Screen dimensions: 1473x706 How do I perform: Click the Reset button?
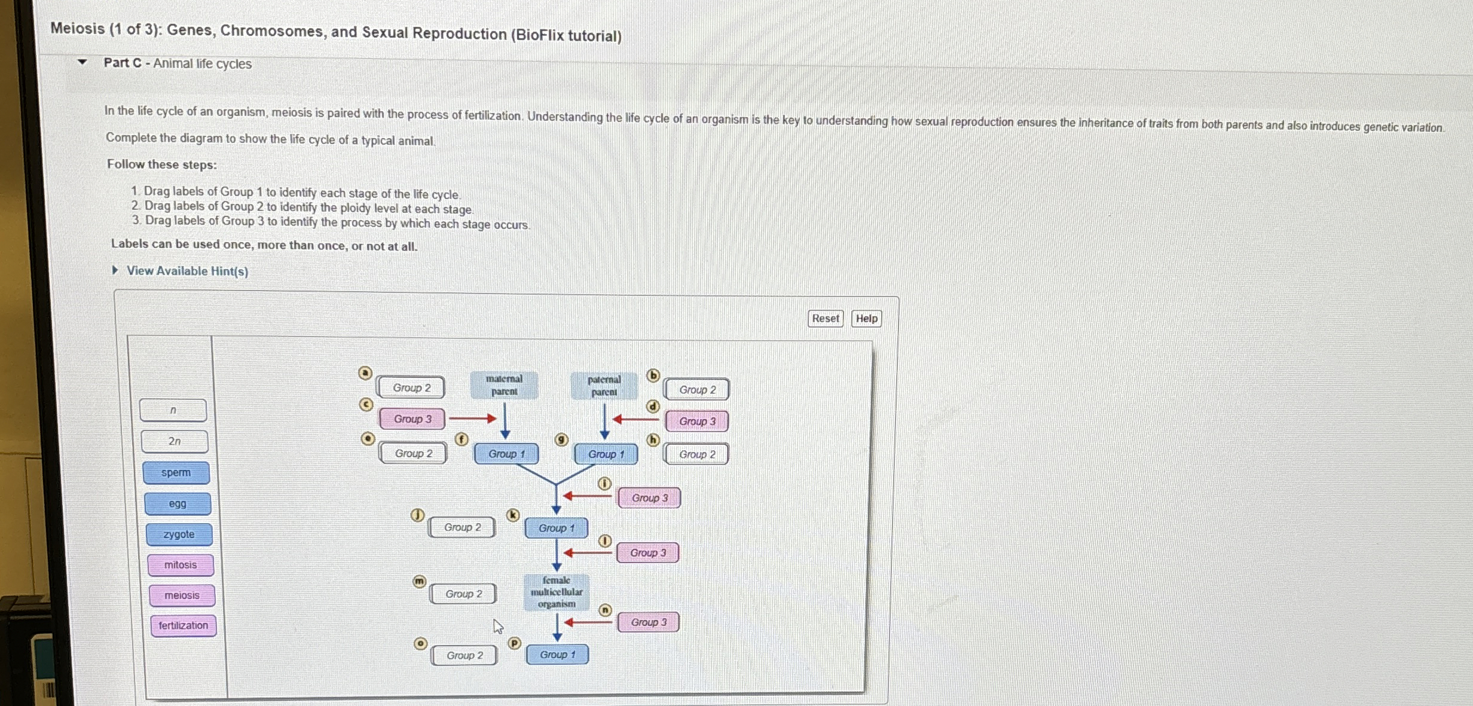[825, 319]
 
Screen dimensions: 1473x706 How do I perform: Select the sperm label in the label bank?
[176, 473]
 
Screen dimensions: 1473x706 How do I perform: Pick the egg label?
[178, 504]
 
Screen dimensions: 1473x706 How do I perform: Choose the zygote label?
[179, 534]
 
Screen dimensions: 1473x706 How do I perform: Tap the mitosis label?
[181, 565]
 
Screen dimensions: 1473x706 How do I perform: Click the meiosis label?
[182, 595]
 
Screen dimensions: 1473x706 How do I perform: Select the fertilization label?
[184, 626]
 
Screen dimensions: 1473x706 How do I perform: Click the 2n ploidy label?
[175, 442]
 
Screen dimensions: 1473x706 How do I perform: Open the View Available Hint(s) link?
[187, 271]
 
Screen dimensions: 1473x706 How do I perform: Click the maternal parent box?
[504, 386]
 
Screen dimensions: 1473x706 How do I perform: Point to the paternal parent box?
[604, 386]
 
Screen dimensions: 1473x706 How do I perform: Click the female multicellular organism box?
[557, 592]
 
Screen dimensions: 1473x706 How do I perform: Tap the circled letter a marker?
[365, 374]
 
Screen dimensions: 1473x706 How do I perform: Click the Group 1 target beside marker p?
[557, 655]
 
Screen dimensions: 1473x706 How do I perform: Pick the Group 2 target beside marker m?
[463, 594]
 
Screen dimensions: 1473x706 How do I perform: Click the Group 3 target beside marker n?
[649, 622]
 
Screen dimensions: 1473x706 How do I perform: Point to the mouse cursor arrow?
[497, 626]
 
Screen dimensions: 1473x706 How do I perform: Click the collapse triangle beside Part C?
[82, 62]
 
